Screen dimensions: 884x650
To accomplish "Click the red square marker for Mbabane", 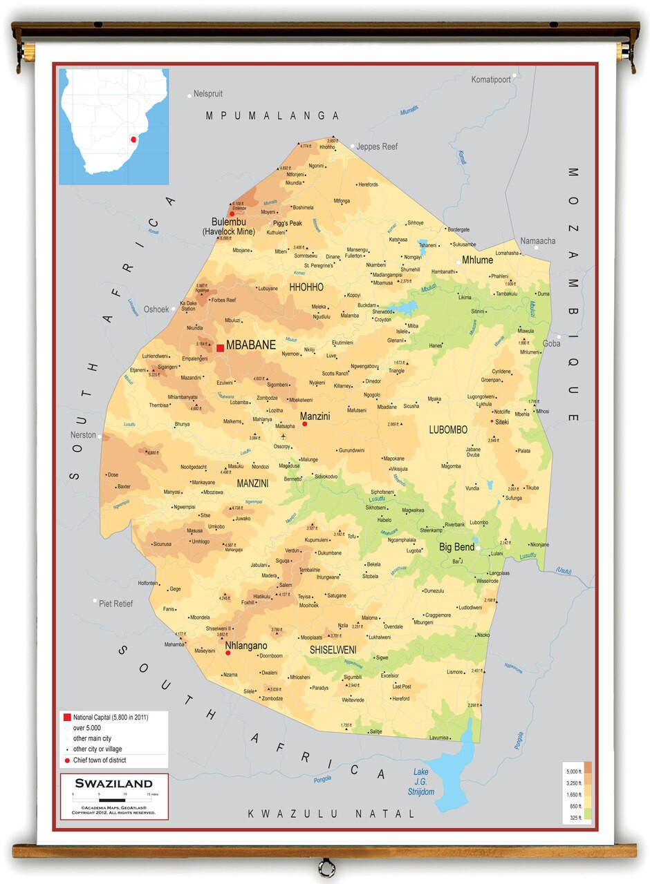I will [x=220, y=348].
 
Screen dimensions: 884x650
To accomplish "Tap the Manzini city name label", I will [x=315, y=416].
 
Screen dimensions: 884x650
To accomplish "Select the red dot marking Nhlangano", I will [x=228, y=652].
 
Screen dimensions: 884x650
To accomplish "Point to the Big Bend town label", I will [x=456, y=547].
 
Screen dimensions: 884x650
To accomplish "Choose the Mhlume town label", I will [x=478, y=260].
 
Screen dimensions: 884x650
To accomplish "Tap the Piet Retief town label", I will [x=115, y=603].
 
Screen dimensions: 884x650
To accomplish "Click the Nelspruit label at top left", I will [x=208, y=93].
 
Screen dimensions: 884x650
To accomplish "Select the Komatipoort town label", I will [x=491, y=79].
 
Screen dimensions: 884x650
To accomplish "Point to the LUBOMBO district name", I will [x=447, y=430].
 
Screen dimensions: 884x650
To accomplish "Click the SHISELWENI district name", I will [x=333, y=649].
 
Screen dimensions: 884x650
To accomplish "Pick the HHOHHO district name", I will [x=306, y=287].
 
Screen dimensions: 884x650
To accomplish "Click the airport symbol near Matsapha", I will [x=283, y=436].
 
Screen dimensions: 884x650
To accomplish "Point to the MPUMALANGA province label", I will [x=272, y=116].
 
